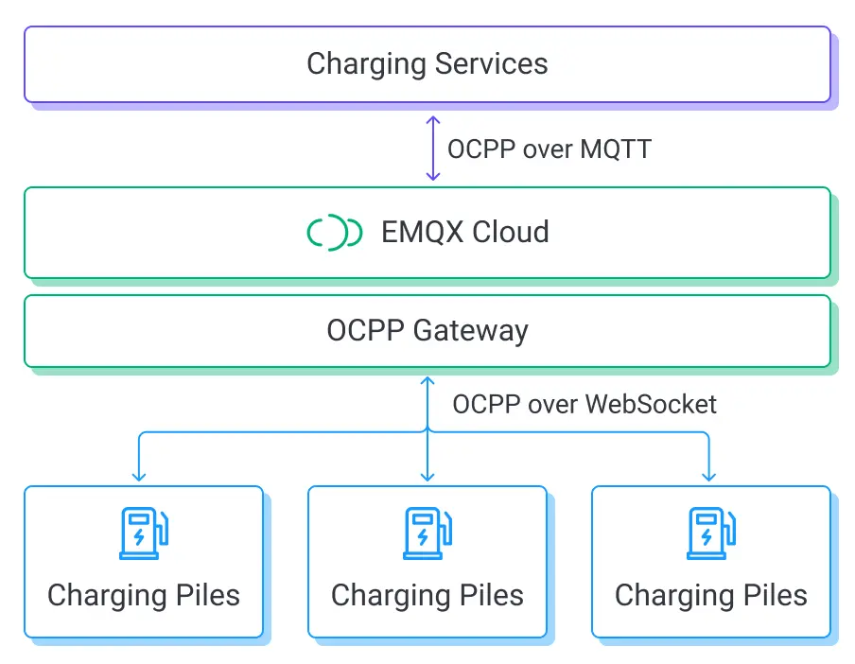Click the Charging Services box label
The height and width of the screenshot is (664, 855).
coord(427,64)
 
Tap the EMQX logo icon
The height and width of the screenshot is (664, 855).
coord(335,233)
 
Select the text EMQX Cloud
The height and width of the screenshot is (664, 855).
coord(464,233)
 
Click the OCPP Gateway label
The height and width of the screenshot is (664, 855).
coord(427,331)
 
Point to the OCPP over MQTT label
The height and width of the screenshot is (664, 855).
coord(549,149)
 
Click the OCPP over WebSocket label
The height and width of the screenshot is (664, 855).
coord(584,404)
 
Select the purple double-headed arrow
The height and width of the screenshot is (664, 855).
coord(432,149)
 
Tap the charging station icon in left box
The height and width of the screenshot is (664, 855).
coord(144,533)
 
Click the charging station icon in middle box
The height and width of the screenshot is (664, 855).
coord(427,533)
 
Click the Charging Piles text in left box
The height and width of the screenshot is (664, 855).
coord(144,596)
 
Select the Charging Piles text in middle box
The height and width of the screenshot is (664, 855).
coord(427,596)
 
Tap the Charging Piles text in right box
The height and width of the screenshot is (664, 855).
coord(711,596)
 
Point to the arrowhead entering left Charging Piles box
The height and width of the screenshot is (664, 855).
coord(140,476)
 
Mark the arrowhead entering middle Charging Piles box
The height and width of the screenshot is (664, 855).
coord(427,476)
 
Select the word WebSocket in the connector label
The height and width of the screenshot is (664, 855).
coord(651,404)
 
